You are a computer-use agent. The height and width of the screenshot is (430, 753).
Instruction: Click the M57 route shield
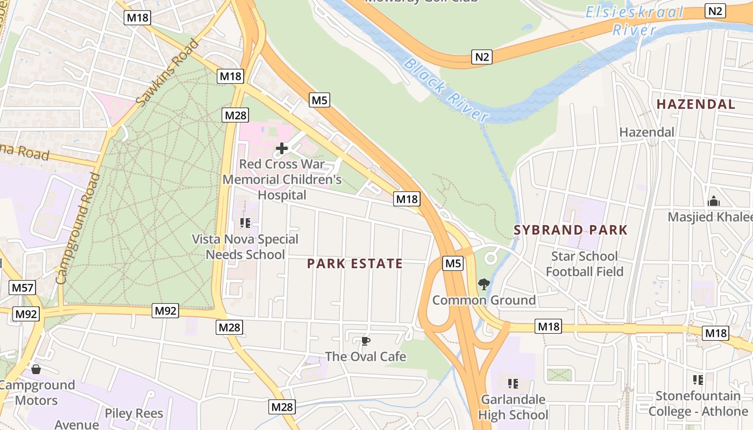(23, 288)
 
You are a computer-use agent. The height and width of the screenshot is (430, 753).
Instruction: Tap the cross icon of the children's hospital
(281, 148)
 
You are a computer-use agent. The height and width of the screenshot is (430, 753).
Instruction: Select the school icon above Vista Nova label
(245, 223)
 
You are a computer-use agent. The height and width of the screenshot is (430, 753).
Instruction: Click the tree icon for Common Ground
(484, 284)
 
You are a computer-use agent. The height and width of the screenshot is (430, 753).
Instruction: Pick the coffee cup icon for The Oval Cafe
(366, 341)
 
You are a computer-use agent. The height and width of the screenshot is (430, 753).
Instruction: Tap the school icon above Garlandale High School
(513, 384)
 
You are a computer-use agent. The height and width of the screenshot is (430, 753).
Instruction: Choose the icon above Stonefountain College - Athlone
(698, 380)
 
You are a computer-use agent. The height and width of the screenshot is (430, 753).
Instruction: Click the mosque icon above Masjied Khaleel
(714, 201)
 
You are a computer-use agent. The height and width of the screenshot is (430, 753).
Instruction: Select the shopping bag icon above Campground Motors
(36, 369)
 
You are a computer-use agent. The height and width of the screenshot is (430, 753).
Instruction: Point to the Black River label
(446, 89)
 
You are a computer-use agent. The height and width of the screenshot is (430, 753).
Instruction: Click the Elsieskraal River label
(635, 20)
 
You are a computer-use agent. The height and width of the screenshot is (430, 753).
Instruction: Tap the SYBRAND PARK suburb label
(571, 230)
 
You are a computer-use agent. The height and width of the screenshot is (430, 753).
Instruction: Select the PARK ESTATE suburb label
(355, 263)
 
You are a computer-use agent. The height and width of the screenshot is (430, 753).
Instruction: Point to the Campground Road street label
(79, 228)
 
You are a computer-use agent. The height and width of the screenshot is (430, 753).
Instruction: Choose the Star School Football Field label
(585, 263)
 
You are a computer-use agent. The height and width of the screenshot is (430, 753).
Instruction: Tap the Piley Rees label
(134, 413)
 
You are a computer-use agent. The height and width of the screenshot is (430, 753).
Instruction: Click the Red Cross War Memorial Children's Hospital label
(282, 179)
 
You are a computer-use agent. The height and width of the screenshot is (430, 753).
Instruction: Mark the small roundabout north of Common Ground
(491, 257)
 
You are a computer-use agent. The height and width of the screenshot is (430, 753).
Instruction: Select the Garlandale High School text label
(513, 407)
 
